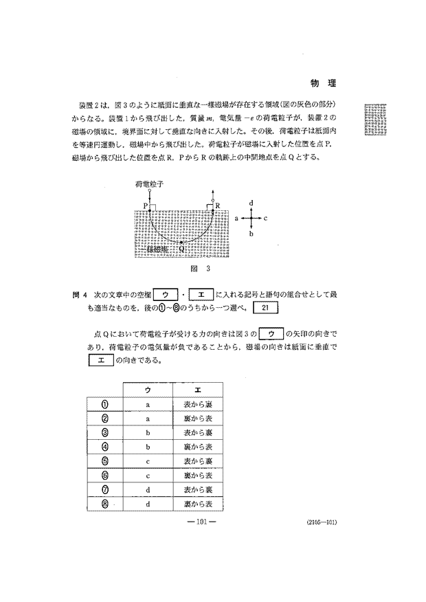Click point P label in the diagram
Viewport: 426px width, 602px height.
[x=146, y=205]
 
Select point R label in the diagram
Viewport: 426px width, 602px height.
[x=218, y=205]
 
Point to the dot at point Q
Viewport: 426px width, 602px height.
[x=181, y=243]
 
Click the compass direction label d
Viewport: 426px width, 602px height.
[x=252, y=203]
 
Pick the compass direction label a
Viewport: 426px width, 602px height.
[x=236, y=217]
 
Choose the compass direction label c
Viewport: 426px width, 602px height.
[x=266, y=217]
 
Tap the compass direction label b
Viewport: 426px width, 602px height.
[x=252, y=234]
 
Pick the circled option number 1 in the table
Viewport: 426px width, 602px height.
[x=105, y=404]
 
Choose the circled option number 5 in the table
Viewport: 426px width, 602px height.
[x=105, y=460]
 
